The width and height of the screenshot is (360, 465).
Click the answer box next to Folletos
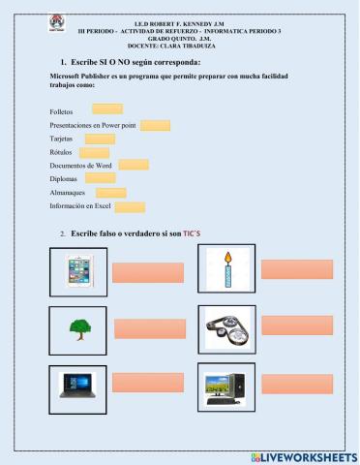coord(106,109)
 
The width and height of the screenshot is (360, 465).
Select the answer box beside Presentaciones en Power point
coord(155,125)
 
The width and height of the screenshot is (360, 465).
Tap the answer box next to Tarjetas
coord(100,139)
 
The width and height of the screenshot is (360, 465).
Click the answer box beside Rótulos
coord(94,152)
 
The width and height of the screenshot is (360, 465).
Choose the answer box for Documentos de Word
coord(134,165)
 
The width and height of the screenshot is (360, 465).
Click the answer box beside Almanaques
coord(111,193)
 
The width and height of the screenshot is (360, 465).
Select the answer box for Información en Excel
coord(131,206)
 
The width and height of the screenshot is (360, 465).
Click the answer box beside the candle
coord(296,269)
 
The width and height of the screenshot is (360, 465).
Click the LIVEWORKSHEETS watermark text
coord(309,455)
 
